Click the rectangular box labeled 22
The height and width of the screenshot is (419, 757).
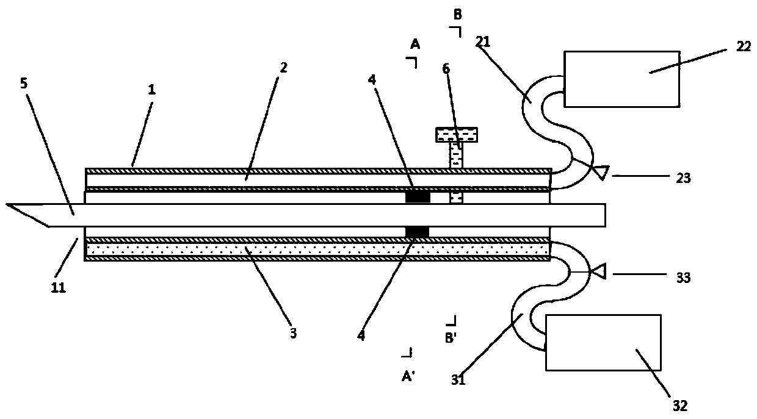(621, 79)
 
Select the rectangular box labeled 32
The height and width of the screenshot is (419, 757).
(603, 342)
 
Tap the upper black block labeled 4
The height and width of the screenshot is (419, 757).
(418, 197)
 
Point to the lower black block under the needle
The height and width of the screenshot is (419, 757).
(418, 232)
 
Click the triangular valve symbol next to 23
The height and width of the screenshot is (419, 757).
(601, 173)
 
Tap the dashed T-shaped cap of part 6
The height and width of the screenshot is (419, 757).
(456, 134)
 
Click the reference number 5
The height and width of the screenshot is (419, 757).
(24, 84)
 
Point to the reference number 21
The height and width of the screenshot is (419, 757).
(484, 41)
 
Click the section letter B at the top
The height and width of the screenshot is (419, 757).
(457, 15)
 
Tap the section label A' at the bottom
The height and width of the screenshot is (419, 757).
(408, 376)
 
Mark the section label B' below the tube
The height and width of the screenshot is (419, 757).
(451, 337)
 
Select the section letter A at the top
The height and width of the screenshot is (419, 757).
(415, 43)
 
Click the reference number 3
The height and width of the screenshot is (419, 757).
(293, 333)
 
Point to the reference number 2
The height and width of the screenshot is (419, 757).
(283, 67)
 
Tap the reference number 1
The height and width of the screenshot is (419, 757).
(151, 90)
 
